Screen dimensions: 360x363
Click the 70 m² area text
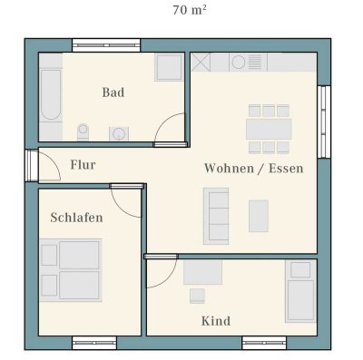(188, 11)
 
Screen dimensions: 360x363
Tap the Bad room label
(113, 92)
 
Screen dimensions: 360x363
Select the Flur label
(83, 165)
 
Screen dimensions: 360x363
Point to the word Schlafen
(76, 218)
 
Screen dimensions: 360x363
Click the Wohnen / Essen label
(253, 169)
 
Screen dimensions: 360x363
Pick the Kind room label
(215, 320)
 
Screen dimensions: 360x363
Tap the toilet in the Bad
(84, 131)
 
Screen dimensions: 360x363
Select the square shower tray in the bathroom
(169, 68)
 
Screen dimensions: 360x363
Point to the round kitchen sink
(238, 63)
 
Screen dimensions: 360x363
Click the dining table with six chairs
(268, 129)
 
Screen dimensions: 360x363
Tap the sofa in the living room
(216, 211)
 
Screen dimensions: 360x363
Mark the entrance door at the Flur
(33, 164)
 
